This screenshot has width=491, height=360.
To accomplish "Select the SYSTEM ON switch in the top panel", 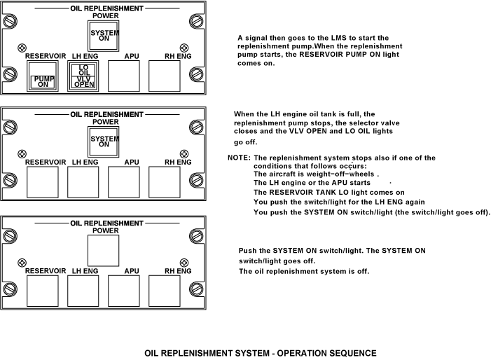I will [x=104, y=34].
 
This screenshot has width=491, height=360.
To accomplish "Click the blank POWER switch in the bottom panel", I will [x=104, y=249].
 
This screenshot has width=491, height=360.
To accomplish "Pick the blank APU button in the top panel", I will [x=125, y=76].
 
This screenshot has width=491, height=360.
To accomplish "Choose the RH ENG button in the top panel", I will [x=166, y=76].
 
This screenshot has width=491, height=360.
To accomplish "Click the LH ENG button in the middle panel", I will [x=83, y=182].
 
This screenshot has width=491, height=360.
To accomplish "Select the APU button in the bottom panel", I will [x=125, y=290].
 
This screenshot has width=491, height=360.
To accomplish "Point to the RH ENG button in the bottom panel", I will [x=166, y=290].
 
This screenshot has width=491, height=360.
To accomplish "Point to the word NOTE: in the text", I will [x=239, y=158].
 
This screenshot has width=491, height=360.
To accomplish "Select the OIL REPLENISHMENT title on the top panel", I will [x=106, y=8].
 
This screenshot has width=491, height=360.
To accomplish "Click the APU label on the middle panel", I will [x=131, y=162].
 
